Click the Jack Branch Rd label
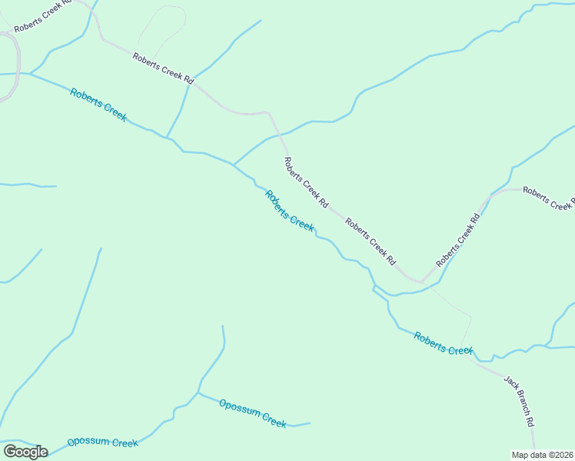519,400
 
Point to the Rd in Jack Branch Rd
530,420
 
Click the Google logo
25,452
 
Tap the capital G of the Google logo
10,452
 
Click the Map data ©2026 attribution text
542,455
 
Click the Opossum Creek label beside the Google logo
102,443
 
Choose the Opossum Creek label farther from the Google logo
252,413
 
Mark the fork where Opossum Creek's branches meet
198,393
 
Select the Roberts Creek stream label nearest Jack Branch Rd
443,343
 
